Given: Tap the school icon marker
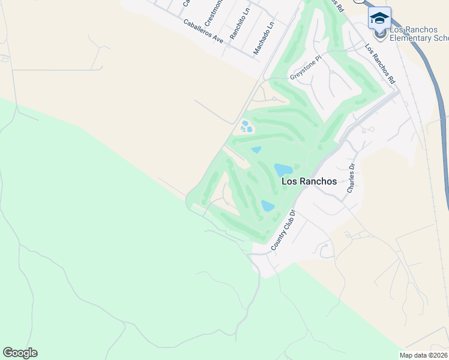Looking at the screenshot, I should (x=379, y=19).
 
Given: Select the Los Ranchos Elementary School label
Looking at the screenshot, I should (x=418, y=34).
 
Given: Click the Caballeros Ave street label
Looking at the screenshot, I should (x=203, y=31).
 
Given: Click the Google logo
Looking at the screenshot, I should (x=20, y=352).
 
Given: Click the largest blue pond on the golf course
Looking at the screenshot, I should (x=283, y=170).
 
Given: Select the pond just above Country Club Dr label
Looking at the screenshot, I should (x=268, y=206).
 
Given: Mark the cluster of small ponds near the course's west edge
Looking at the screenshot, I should (x=246, y=127).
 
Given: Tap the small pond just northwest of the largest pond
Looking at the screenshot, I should (x=256, y=149).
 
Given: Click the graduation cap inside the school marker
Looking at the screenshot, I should (x=379, y=17).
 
